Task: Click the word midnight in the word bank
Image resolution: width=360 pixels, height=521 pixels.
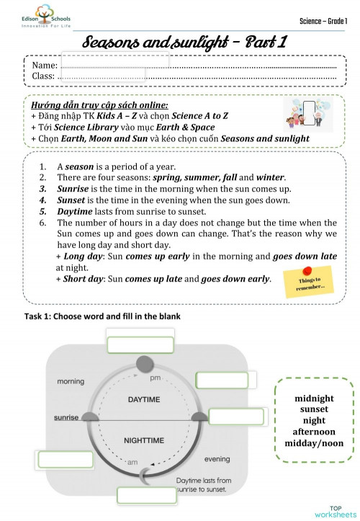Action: click(x=314, y=398)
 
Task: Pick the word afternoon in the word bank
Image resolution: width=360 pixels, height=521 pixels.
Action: click(x=314, y=432)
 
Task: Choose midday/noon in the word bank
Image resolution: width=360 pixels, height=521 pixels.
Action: click(x=314, y=443)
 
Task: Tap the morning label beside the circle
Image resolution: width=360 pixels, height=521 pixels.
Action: click(x=71, y=381)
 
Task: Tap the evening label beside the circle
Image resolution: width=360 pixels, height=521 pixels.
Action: click(x=217, y=459)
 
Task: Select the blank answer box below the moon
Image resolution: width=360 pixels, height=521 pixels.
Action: click(x=146, y=495)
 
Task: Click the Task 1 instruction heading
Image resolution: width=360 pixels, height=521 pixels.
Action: click(x=92, y=316)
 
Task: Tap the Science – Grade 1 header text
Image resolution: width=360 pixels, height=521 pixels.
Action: click(x=323, y=19)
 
